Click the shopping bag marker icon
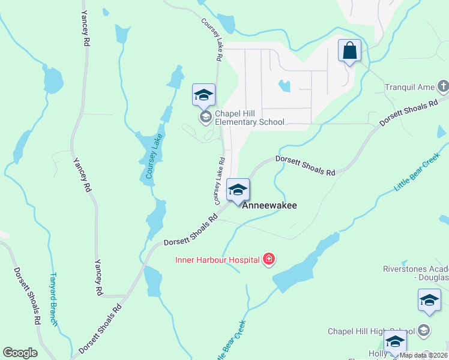[349, 51]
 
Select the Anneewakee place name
[270, 205]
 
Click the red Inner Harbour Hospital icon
[270, 260]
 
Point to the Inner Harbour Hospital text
[217, 260]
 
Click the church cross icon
[444, 87]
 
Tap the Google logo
[20, 353]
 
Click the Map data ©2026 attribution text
[424, 355]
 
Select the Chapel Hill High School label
[371, 331]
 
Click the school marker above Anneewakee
[238, 191]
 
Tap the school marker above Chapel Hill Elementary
[203, 95]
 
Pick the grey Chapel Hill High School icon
[424, 331]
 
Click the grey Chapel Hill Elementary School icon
[205, 116]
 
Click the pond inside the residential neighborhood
[285, 86]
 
